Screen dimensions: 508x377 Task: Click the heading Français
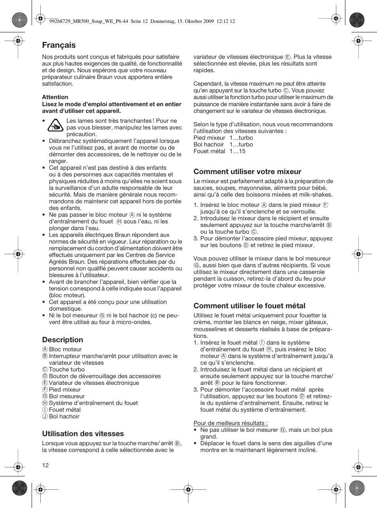pyautogui.click(x=59, y=45)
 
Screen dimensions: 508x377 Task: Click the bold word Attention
pyautogui.click(x=55, y=97)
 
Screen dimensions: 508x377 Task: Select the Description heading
pyautogui.click(x=63, y=340)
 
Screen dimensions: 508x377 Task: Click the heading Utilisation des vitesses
pyautogui.click(x=83, y=434)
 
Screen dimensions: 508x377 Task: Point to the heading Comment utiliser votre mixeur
pyautogui.click(x=247, y=172)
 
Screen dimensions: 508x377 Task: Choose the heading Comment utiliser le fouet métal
pyautogui.click(x=249, y=306)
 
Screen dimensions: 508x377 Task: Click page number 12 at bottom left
pyautogui.click(x=45, y=465)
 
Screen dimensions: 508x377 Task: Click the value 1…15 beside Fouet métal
pyautogui.click(x=238, y=151)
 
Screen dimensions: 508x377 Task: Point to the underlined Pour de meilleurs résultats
pyautogui.click(x=230, y=423)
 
